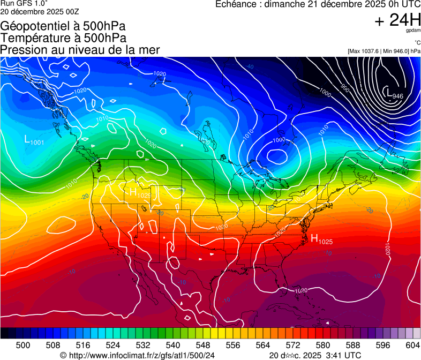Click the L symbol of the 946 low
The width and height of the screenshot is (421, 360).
[x=388, y=93]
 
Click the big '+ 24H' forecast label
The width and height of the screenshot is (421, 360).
[x=397, y=20]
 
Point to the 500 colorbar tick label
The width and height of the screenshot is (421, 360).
[x=23, y=346]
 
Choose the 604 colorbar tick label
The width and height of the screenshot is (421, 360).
[x=413, y=346]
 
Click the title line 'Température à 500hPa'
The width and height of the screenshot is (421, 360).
[x=63, y=38]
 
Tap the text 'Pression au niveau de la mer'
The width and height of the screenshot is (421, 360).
[x=80, y=50]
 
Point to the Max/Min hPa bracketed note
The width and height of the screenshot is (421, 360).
[x=384, y=51]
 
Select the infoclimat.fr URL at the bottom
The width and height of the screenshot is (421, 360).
[x=141, y=355]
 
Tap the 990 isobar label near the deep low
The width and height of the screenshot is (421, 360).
[x=345, y=88]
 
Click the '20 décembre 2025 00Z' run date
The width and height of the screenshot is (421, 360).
[x=40, y=11]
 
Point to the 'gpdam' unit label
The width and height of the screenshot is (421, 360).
[x=413, y=31]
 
